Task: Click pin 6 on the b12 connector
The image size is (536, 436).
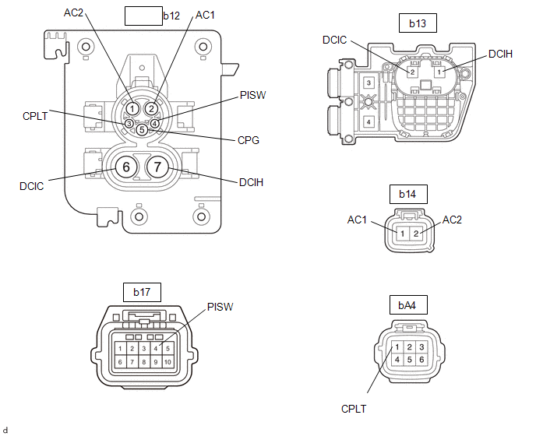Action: [126, 167]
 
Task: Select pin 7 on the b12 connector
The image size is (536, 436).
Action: [157, 167]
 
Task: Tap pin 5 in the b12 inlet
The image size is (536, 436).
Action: [142, 130]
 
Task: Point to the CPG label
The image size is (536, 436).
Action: [249, 140]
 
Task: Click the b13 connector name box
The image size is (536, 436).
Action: [418, 23]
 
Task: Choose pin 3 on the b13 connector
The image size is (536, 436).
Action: [368, 83]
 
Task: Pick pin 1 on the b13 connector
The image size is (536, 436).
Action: [439, 72]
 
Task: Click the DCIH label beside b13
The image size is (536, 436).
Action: [500, 54]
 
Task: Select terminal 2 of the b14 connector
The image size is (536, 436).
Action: [416, 234]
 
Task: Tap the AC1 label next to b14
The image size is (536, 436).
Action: [357, 220]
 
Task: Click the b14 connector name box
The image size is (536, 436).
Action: [408, 194]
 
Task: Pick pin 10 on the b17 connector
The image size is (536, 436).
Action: [167, 362]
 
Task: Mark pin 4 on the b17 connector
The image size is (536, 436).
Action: [156, 349]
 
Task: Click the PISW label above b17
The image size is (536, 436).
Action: [220, 307]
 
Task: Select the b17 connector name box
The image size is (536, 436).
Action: [142, 292]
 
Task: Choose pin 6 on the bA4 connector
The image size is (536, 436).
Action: [421, 360]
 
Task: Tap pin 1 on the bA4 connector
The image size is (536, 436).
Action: [397, 347]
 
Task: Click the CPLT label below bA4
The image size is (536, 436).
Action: [354, 409]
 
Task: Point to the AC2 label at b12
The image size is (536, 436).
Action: [73, 12]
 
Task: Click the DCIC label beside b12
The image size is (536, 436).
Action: [32, 186]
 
